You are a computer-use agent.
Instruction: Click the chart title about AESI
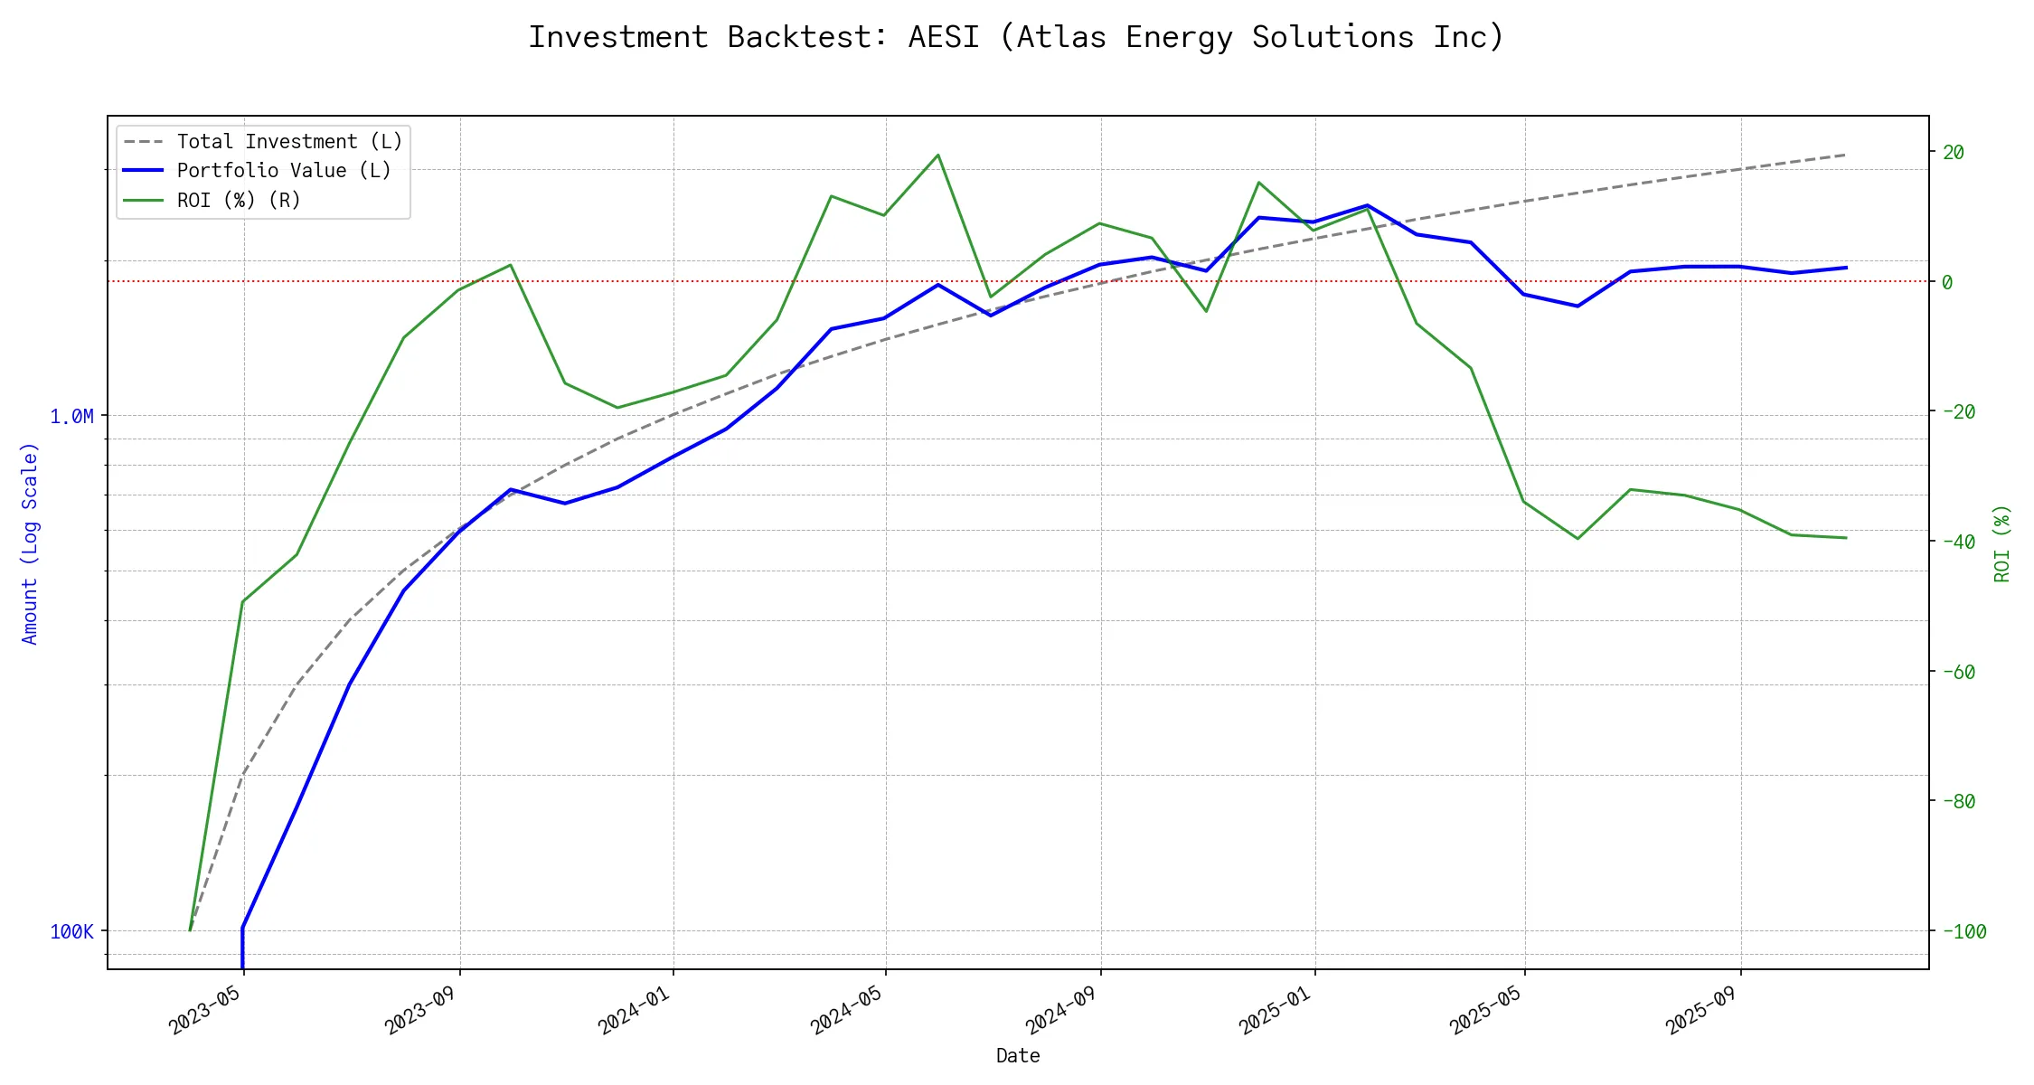pyautogui.click(x=1016, y=37)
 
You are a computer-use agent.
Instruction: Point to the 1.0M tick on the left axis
pyautogui.click(x=71, y=417)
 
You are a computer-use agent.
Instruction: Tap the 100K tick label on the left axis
pyautogui.click(x=71, y=932)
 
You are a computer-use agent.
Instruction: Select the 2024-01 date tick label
pyautogui.click(x=636, y=1011)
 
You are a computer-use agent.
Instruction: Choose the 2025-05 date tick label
pyautogui.click(x=1488, y=1011)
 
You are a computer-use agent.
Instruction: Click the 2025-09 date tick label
pyautogui.click(x=1704, y=1011)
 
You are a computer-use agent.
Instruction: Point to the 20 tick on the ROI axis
pyautogui.click(x=1954, y=152)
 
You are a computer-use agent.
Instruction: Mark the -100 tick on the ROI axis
pyautogui.click(x=1963, y=931)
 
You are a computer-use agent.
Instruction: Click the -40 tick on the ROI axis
pyautogui.click(x=1959, y=542)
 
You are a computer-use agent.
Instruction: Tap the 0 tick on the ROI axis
pyautogui.click(x=1947, y=282)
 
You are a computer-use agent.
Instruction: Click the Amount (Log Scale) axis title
pyautogui.click(x=30, y=542)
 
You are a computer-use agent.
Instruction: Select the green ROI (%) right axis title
pyautogui.click(x=2001, y=542)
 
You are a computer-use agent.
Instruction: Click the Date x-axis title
pyautogui.click(x=1018, y=1056)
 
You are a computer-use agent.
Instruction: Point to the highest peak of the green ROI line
pyautogui.click(x=937, y=155)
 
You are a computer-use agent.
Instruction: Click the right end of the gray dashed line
pyautogui.click(x=1846, y=155)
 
